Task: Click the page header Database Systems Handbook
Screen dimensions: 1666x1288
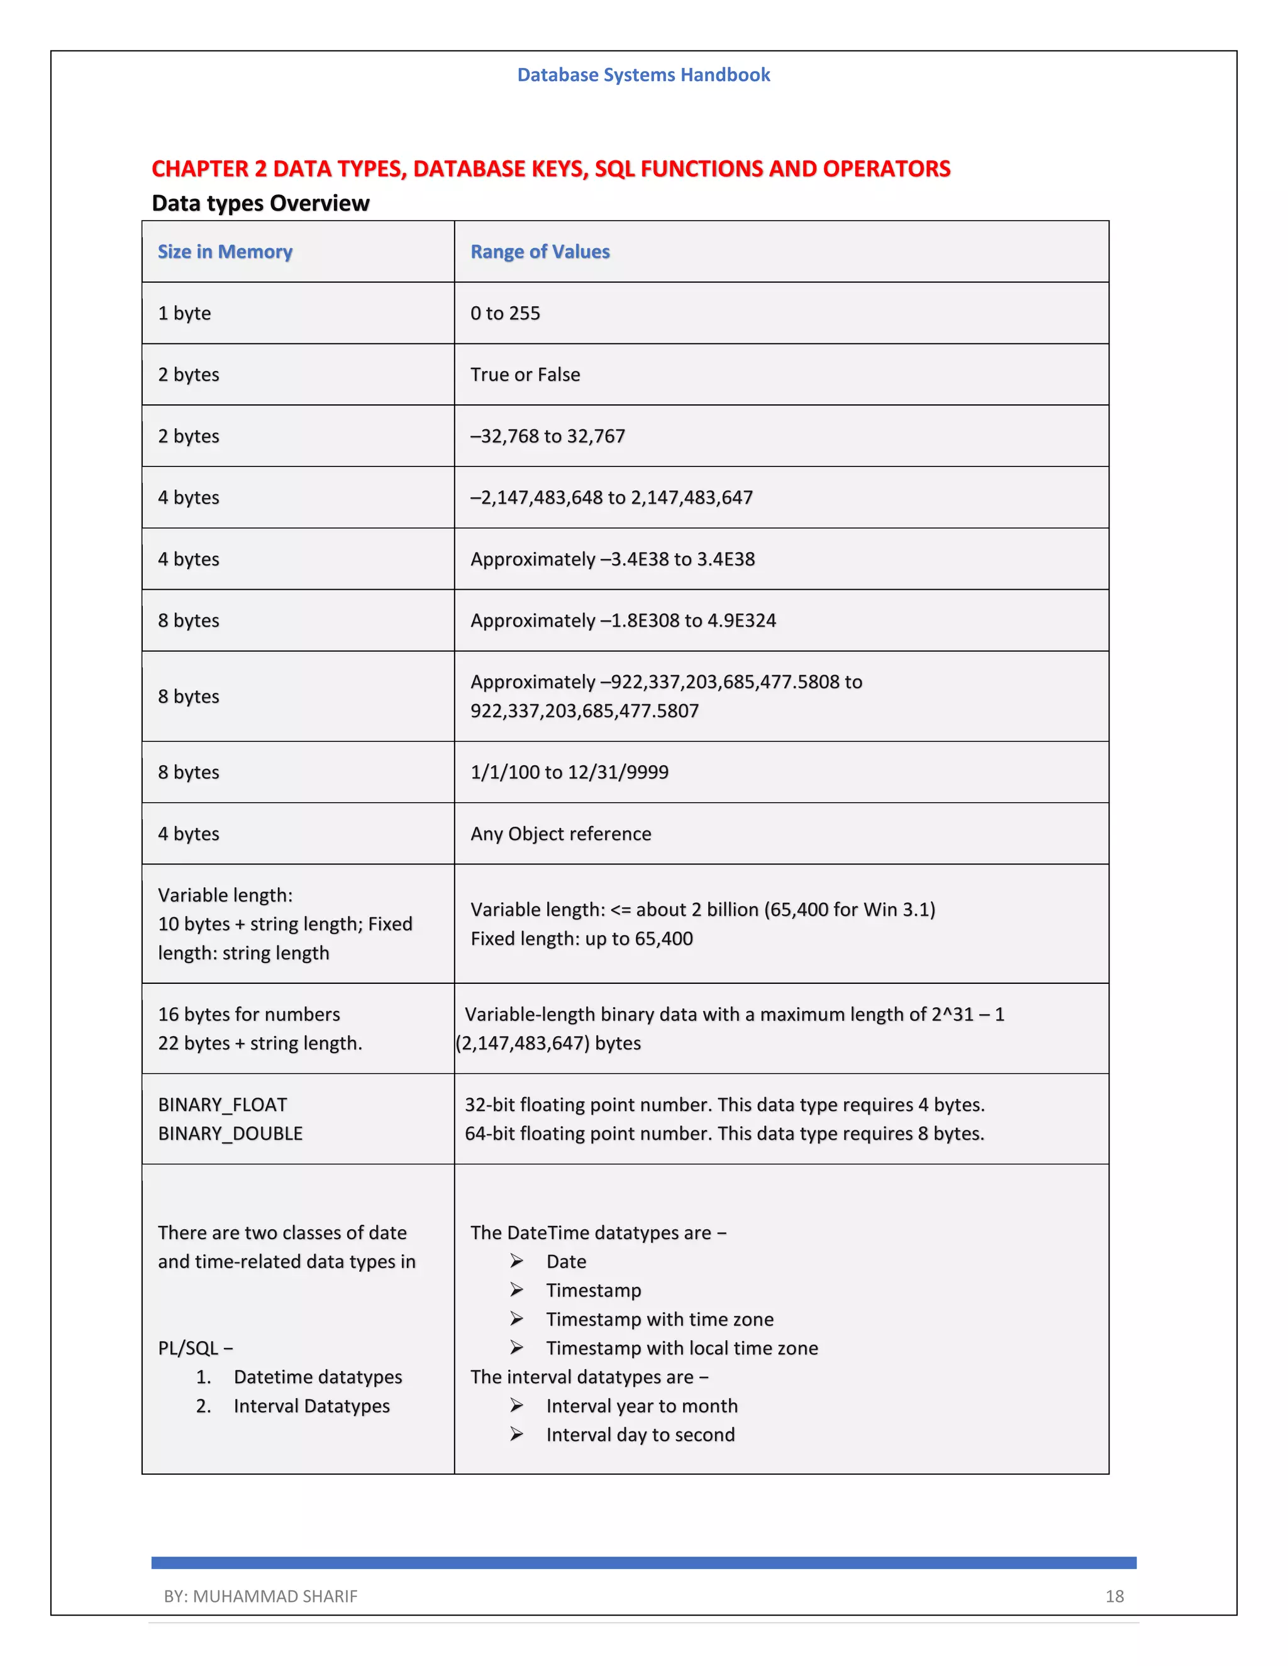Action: [643, 75]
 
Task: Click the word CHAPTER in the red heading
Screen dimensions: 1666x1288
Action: [200, 168]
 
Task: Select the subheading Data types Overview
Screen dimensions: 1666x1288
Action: [260, 203]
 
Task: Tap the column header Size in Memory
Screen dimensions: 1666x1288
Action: [225, 251]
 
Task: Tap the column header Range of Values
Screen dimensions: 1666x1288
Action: [540, 251]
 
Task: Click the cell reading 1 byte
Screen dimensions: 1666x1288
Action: [185, 314]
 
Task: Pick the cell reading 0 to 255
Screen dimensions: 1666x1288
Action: [505, 314]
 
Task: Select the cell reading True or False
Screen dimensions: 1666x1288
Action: [525, 375]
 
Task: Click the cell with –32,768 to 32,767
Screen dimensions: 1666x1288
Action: [547, 436]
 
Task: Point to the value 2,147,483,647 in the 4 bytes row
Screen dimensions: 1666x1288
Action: [691, 497]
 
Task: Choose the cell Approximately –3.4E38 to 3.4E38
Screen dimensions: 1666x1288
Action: [612, 559]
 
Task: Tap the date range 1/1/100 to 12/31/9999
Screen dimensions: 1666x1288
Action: [569, 772]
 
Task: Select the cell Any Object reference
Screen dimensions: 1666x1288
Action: [561, 834]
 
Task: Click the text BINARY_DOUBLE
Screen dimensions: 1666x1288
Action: [230, 1134]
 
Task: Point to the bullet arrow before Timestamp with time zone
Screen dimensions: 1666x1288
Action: [516, 1319]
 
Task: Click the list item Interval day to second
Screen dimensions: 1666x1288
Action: [640, 1435]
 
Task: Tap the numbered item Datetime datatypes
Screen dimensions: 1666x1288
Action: [318, 1377]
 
